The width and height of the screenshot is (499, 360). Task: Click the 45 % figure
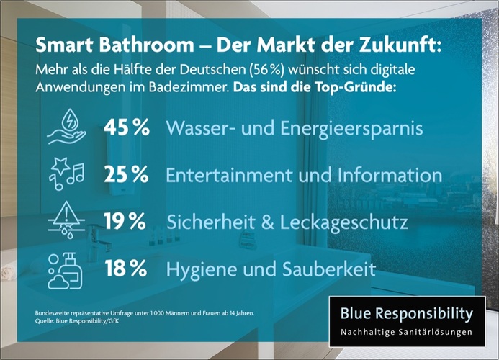tap(127, 127)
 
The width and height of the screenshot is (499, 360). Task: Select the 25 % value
tap(127, 174)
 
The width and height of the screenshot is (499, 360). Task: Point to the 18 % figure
tap(127, 269)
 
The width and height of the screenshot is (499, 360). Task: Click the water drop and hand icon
tap(66, 126)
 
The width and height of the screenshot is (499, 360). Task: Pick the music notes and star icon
tap(66, 174)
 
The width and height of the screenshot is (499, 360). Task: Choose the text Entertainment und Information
tap(303, 175)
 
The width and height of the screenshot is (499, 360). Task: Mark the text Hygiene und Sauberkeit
tap(271, 270)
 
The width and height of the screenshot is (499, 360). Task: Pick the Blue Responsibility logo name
tap(407, 314)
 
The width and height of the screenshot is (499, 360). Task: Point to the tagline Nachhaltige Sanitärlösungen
tap(407, 333)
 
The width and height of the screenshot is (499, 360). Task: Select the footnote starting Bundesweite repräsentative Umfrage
tap(144, 314)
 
